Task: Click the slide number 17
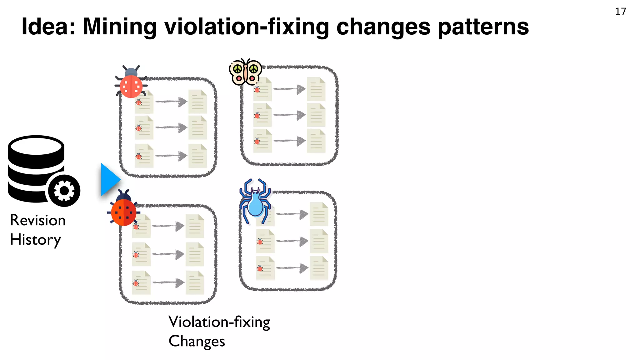[620, 12]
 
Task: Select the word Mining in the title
[120, 27]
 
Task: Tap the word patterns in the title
[483, 27]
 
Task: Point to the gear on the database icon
[64, 191]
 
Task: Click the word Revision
[38, 220]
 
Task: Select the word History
[35, 240]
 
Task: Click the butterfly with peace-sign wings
[245, 72]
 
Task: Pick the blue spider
[255, 202]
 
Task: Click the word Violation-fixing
[219, 322]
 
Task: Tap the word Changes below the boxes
[197, 341]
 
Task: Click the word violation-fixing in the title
[247, 27]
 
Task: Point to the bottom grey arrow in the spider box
[292, 268]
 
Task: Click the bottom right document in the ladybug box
[195, 283]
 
